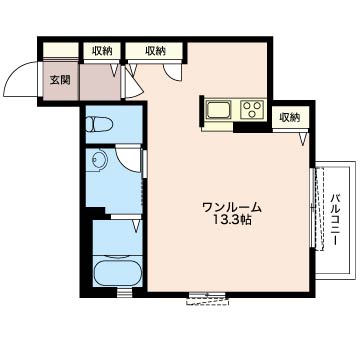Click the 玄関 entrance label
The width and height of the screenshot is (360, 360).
coord(60,80)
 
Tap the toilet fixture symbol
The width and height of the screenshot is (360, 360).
coord(99,124)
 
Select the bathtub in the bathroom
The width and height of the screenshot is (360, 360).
coord(117,273)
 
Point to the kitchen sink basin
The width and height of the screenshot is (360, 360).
coord(218,110)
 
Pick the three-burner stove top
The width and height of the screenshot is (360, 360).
coord(253,109)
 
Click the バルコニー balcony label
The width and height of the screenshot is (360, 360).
coord(335,220)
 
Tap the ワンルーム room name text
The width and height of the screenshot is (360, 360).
coord(232,208)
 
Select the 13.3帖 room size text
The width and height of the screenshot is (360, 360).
coord(232,220)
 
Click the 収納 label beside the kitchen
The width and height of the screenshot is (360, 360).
coord(290,117)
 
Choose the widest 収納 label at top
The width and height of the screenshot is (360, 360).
coord(155,51)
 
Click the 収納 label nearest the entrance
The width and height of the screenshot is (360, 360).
coord(102,51)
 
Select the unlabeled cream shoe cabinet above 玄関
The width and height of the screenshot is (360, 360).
coord(61,50)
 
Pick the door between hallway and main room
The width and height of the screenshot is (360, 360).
coord(132,83)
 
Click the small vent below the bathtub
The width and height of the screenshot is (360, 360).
coord(124,293)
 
